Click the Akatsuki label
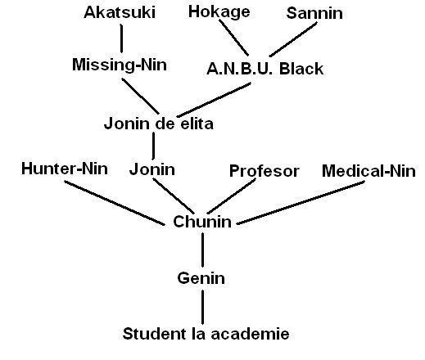[120, 12]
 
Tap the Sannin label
[314, 12]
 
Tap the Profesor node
[264, 171]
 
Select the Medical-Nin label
[368, 171]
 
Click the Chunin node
[202, 222]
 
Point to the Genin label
[201, 278]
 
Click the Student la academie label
[206, 334]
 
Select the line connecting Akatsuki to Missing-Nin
[121, 38]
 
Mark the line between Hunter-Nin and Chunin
[115, 201]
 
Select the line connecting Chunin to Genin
[201, 250]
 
